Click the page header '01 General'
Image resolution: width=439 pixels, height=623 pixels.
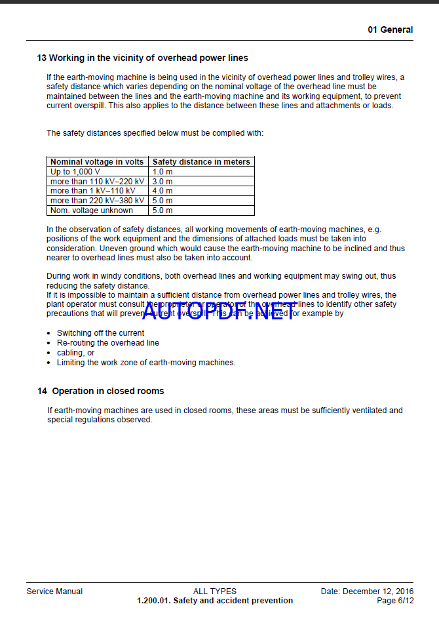point(390,30)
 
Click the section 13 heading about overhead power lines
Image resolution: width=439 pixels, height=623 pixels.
point(142,58)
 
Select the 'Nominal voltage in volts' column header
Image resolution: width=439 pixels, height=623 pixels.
point(97,161)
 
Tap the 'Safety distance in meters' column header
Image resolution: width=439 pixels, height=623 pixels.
point(201,161)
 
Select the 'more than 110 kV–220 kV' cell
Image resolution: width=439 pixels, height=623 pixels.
point(97,181)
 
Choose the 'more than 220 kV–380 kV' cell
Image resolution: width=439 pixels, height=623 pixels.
point(97,201)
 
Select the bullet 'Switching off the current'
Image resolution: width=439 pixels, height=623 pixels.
point(100,333)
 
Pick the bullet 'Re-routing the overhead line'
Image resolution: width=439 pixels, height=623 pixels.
point(107,343)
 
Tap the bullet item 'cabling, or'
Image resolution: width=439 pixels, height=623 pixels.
point(75,353)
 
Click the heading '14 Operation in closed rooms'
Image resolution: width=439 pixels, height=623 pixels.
point(100,391)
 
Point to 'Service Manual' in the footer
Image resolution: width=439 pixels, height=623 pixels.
point(54,592)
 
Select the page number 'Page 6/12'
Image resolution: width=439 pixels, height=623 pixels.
point(395,601)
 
